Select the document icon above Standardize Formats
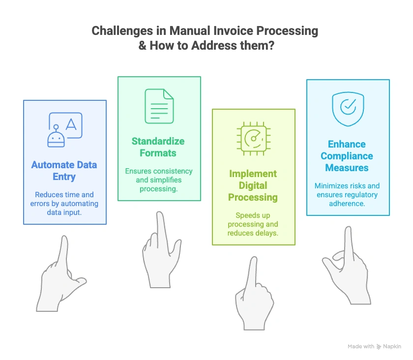click(159, 106)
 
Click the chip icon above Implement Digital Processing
click(254, 139)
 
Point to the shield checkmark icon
click(348, 109)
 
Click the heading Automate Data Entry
click(64, 171)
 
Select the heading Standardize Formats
click(158, 147)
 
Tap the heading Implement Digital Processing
click(253, 185)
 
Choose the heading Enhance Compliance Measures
click(347, 156)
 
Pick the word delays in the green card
click(266, 233)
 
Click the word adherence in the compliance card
click(348, 204)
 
